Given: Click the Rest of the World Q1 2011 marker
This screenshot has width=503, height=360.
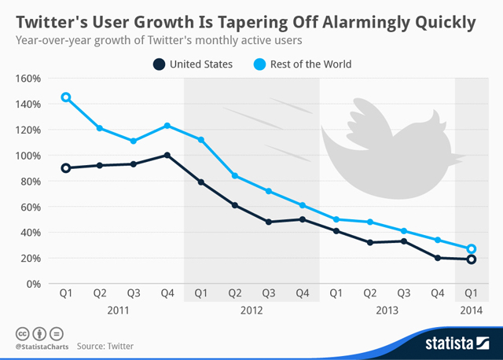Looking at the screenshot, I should click(x=66, y=97).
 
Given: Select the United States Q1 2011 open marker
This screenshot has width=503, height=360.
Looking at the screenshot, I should click(x=66, y=167).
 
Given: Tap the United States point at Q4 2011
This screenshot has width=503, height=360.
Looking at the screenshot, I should click(x=167, y=155).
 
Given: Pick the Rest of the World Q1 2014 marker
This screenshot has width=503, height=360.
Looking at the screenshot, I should click(x=471, y=248).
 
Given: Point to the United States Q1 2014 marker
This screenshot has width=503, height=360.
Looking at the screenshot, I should click(x=471, y=259).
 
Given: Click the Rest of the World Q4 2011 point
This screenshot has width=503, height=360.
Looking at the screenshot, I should click(x=167, y=125).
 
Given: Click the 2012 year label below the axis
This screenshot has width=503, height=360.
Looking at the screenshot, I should click(x=251, y=310).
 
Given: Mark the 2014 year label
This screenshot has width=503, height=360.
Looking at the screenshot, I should click(x=471, y=310).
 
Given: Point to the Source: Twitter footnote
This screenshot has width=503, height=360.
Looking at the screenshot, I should click(x=105, y=346).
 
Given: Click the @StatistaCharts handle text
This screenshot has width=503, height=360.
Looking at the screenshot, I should click(x=40, y=346).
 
